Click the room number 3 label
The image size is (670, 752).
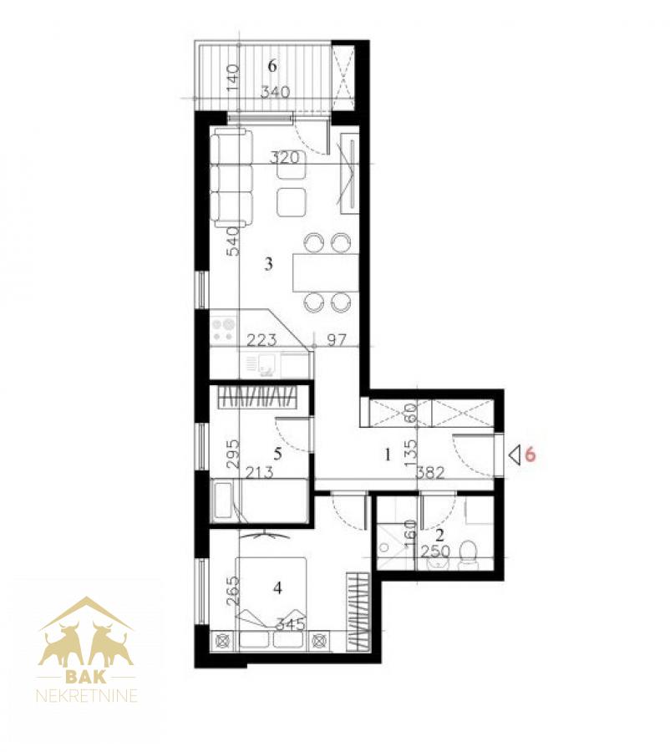(x=268, y=263)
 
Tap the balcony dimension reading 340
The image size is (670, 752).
(x=276, y=91)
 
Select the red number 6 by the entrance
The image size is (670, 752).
(x=530, y=454)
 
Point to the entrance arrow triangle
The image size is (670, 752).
(x=515, y=455)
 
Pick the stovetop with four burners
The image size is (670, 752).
(x=224, y=329)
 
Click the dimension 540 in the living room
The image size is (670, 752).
(x=232, y=241)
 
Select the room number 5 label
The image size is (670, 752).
(x=277, y=453)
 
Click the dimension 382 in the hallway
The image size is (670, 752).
(x=430, y=474)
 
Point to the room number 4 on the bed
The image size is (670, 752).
(x=277, y=587)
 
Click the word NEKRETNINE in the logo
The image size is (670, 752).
(x=87, y=696)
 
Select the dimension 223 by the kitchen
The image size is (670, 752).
(x=261, y=340)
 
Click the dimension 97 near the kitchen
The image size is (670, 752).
(x=336, y=340)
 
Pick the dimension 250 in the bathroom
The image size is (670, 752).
(x=435, y=551)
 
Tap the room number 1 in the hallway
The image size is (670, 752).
(x=388, y=455)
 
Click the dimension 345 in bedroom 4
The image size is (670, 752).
(x=291, y=624)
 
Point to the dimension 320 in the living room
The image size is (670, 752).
(x=284, y=157)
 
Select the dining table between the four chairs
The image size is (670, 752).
(x=326, y=272)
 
